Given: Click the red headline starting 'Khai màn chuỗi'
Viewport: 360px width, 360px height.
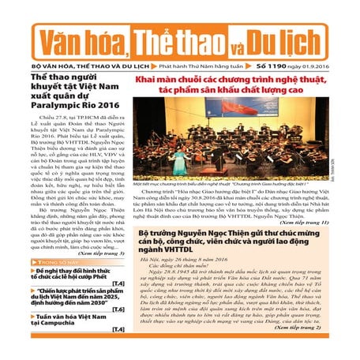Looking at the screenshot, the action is (237, 85).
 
